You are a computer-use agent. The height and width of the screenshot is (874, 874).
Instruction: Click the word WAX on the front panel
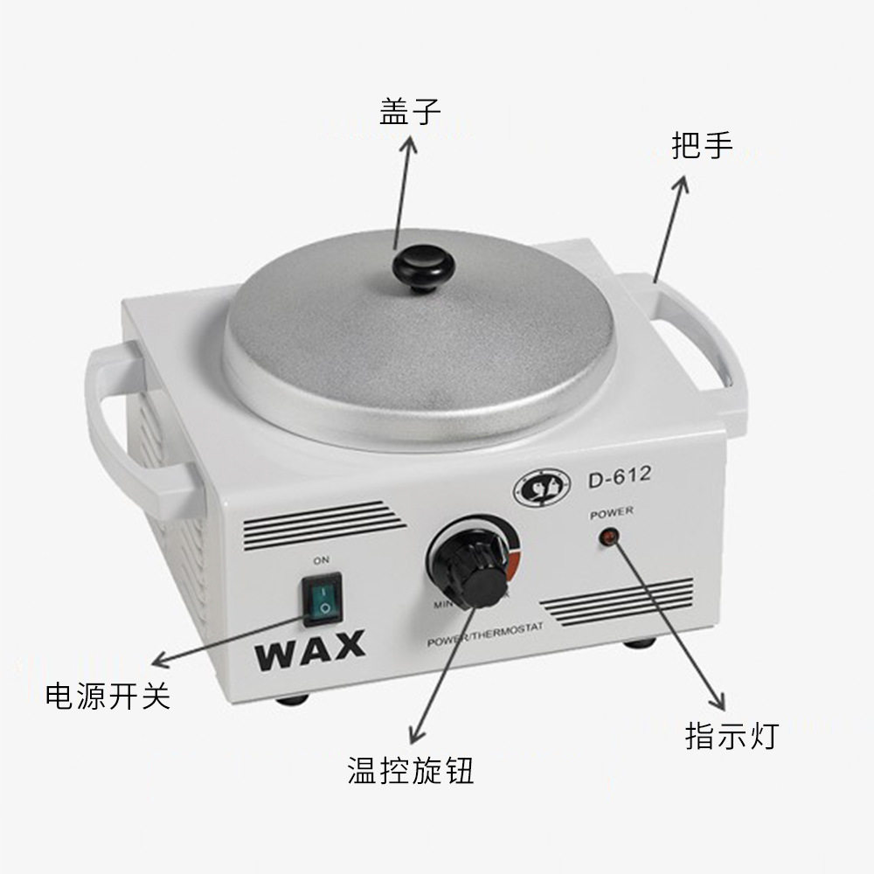click(310, 649)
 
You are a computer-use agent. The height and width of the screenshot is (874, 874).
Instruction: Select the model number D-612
click(616, 478)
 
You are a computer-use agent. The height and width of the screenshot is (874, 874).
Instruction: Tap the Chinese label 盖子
click(409, 112)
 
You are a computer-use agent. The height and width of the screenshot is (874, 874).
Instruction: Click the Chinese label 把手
click(702, 145)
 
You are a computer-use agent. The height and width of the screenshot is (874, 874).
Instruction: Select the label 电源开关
click(108, 697)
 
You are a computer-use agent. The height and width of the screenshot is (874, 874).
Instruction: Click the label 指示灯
click(731, 736)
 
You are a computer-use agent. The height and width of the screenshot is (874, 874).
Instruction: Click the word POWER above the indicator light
click(612, 513)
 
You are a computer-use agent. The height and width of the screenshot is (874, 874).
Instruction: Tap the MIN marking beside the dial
click(440, 604)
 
